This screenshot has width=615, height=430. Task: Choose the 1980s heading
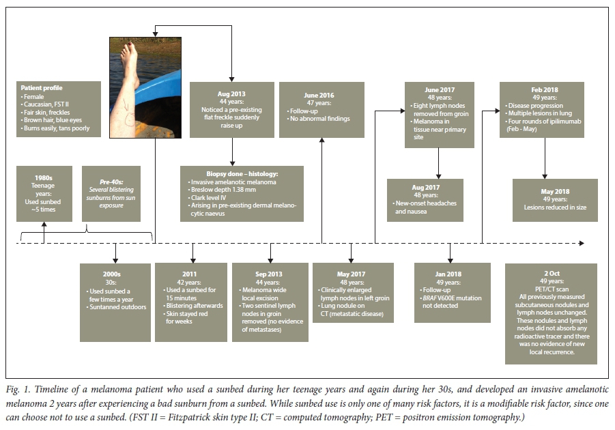[x=44, y=176]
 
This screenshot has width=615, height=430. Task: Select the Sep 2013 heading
[x=270, y=274]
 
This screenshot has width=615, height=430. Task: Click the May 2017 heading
[x=350, y=274]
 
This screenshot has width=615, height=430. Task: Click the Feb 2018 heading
[x=541, y=90]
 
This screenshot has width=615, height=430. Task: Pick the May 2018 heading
[x=555, y=192]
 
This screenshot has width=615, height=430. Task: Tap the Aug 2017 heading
[x=425, y=188]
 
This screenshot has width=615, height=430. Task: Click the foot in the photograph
[x=128, y=51]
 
